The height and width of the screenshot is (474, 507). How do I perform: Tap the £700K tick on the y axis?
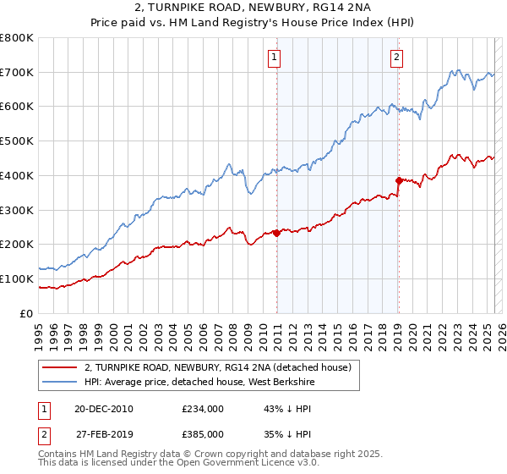coord(17,72)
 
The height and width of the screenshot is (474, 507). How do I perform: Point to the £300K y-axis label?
coord(17,210)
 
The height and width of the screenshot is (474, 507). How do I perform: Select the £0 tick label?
coord(26,313)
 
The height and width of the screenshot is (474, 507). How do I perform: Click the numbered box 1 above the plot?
coord(276,58)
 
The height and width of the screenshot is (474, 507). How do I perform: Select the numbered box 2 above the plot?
coord(396,58)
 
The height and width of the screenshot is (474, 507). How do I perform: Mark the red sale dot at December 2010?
coord(276,233)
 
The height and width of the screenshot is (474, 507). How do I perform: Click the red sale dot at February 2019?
coord(398,179)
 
